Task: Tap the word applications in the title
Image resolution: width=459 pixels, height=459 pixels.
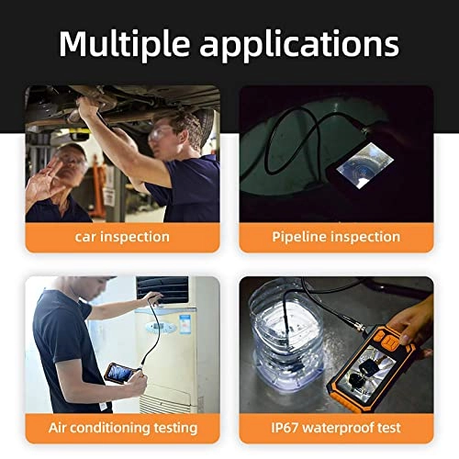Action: (x=305, y=43)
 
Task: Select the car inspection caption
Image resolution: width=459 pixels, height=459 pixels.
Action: (x=122, y=237)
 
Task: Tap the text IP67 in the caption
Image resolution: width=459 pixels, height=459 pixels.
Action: (x=285, y=428)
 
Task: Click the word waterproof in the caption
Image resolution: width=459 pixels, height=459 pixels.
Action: (x=339, y=428)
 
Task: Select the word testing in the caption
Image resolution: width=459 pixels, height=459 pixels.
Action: (x=174, y=428)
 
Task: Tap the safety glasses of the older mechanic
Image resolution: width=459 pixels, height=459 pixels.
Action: (x=73, y=162)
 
